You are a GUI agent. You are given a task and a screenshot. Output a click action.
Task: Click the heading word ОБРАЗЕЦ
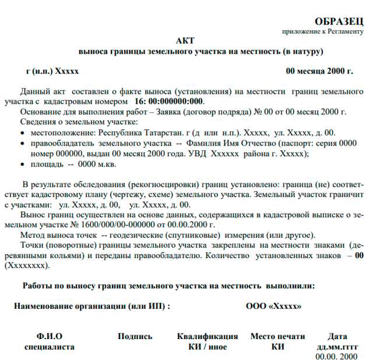coord(339,21)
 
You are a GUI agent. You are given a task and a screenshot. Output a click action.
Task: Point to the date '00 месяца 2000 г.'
coord(319,72)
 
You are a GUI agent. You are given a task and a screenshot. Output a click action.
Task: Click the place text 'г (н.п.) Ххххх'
coord(52,72)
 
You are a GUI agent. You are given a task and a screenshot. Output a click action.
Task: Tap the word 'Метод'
coord(33,235)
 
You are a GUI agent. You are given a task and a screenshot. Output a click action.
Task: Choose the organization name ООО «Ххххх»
coord(273,306)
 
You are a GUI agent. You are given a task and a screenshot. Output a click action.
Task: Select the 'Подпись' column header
coord(135,336)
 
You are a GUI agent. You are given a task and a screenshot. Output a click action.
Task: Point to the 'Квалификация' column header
coord(207,336)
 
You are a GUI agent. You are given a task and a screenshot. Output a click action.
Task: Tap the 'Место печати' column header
coord(277,336)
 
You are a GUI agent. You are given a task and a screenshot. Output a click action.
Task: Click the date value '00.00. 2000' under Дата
coord(337,356)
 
